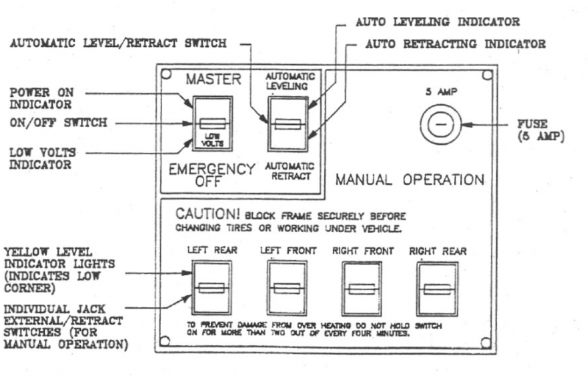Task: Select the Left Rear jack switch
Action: click(211, 288)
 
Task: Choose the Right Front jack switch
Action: click(360, 288)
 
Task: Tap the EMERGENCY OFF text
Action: click(211, 175)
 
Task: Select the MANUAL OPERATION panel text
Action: click(409, 179)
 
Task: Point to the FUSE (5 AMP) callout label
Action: click(539, 131)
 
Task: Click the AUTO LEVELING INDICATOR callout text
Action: click(437, 22)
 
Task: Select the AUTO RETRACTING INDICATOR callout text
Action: click(456, 44)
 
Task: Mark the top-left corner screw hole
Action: click(167, 74)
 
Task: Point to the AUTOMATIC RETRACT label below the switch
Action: click(289, 172)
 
